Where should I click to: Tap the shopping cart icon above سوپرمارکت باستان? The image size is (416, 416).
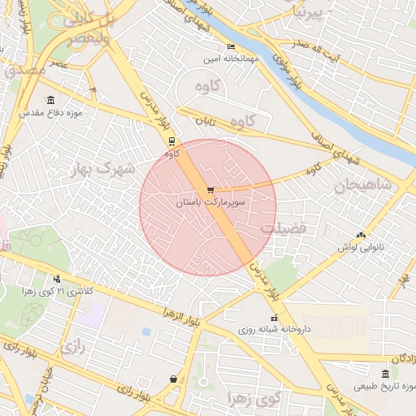pyautogui.click(x=210, y=190)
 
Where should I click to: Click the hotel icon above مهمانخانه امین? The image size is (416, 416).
pyautogui.click(x=231, y=47)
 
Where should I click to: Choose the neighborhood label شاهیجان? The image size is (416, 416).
pyautogui.click(x=362, y=186)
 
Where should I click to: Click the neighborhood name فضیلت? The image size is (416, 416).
pyautogui.click(x=284, y=228)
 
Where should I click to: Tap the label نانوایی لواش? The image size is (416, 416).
pyautogui.click(x=359, y=246)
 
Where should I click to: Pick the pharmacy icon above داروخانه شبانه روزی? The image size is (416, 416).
pyautogui.click(x=274, y=318)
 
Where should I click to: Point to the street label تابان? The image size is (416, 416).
pyautogui.click(x=203, y=120)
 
